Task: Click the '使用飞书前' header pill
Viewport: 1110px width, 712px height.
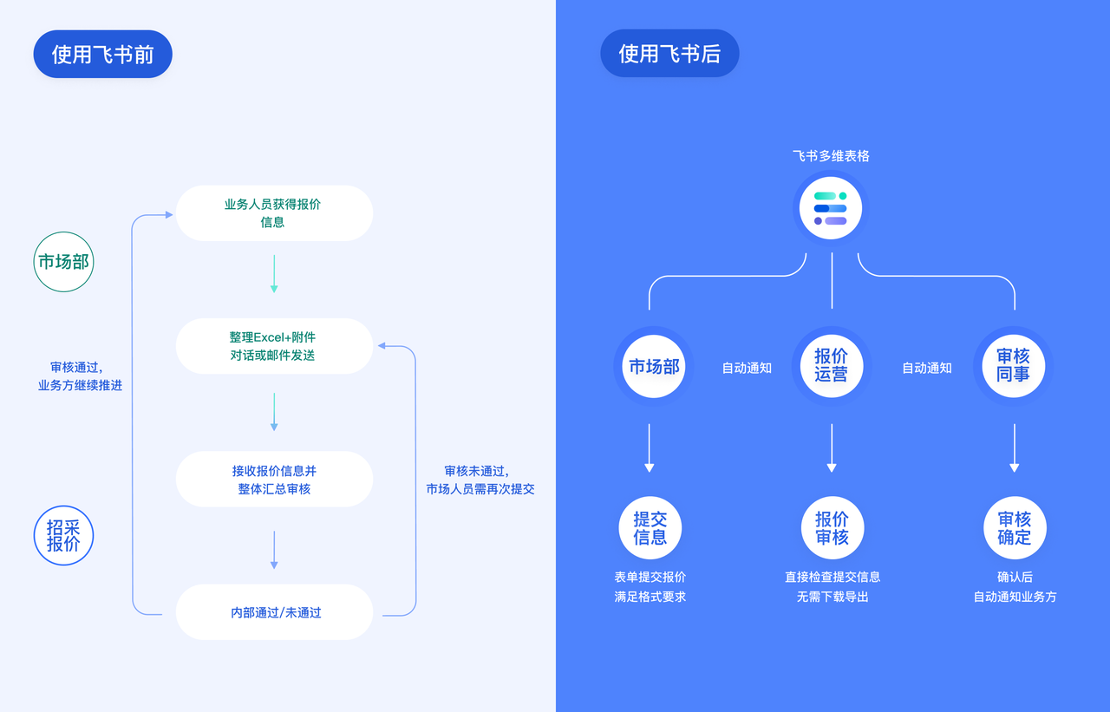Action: (102, 54)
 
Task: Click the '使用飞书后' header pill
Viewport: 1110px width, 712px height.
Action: (669, 54)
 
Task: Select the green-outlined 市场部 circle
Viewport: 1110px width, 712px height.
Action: (63, 261)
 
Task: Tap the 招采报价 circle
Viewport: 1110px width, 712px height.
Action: (63, 535)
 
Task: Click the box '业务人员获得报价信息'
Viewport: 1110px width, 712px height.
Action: (274, 212)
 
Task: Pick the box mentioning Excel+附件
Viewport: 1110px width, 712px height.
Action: (274, 346)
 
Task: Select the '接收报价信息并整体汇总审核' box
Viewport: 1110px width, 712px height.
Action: (274, 479)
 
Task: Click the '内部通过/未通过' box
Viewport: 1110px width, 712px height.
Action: (274, 612)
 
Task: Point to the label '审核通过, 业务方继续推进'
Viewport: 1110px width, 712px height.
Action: (80, 376)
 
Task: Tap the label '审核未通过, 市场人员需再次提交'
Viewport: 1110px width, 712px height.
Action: (480, 480)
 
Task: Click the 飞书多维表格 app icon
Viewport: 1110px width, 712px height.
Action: (831, 208)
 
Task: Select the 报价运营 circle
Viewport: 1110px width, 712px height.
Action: (831, 366)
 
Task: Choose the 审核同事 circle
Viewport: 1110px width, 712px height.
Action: (1013, 366)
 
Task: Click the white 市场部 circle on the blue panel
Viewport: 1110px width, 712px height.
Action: (654, 366)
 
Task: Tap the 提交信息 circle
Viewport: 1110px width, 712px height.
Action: (650, 527)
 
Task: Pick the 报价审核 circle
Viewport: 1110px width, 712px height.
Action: (832, 527)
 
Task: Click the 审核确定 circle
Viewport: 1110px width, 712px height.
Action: (1015, 527)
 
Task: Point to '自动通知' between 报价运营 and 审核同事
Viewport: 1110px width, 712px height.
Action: (927, 368)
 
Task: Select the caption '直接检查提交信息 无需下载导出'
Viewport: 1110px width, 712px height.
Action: (832, 586)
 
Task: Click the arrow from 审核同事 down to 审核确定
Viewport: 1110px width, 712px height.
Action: (1015, 447)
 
